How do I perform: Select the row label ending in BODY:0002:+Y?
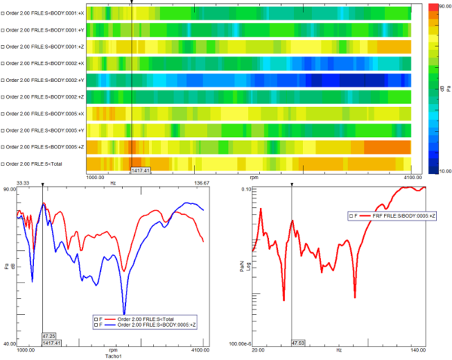coord(43,79)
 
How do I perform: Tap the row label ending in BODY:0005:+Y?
coord(43,129)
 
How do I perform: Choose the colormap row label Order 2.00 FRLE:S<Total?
coord(35,163)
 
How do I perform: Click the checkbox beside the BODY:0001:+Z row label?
coord(3,46)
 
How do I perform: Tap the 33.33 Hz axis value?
coord(23,182)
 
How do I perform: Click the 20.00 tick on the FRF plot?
coord(260,350)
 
